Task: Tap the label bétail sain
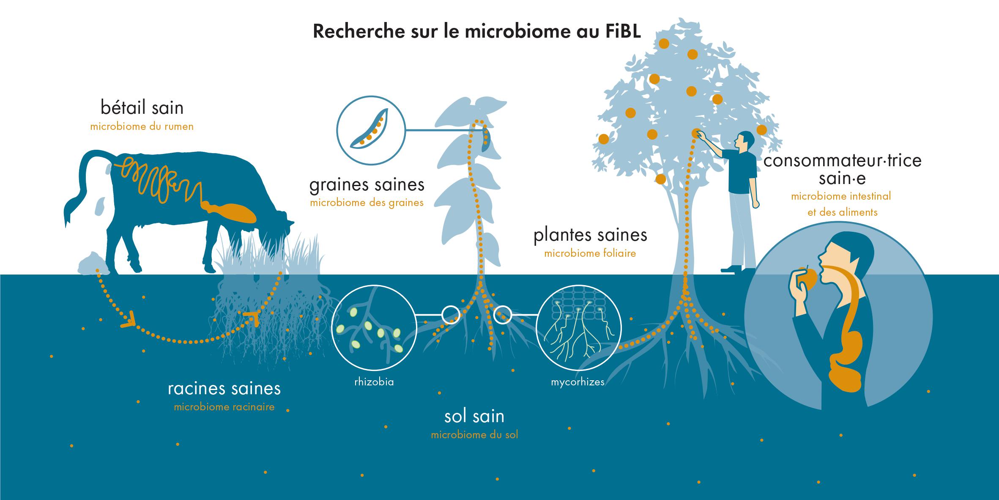142,108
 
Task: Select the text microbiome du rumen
142,126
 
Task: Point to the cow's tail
78,186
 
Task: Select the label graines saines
367,185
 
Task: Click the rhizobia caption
374,382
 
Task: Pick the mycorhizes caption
578,382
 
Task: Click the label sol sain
474,417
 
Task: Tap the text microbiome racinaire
224,407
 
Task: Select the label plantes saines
590,236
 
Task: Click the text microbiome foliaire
590,254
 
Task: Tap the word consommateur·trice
842,161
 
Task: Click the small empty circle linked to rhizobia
450,314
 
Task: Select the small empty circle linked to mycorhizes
503,314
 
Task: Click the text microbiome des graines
367,203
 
